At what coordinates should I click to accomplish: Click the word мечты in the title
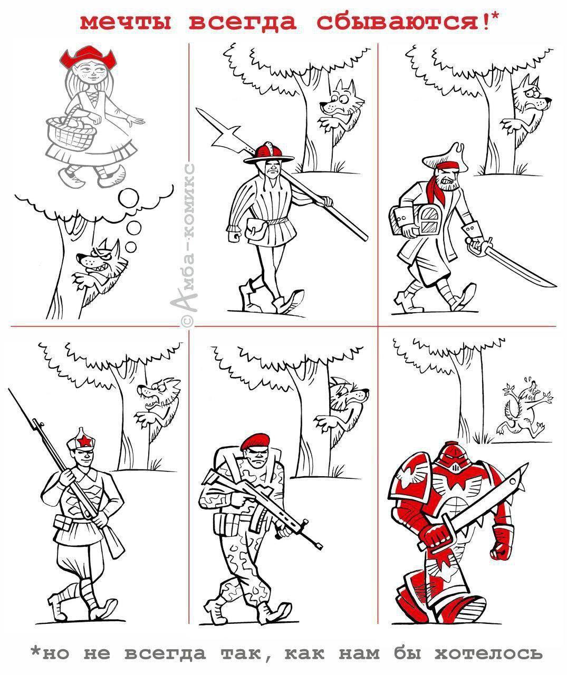(126, 23)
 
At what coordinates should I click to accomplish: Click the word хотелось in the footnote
(488, 645)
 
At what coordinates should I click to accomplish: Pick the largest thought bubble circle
(128, 198)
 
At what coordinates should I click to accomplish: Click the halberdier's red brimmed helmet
(269, 152)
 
